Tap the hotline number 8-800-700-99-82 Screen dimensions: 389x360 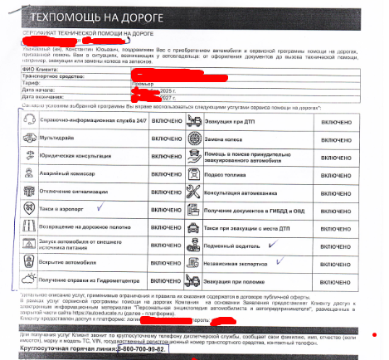(143, 350)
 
